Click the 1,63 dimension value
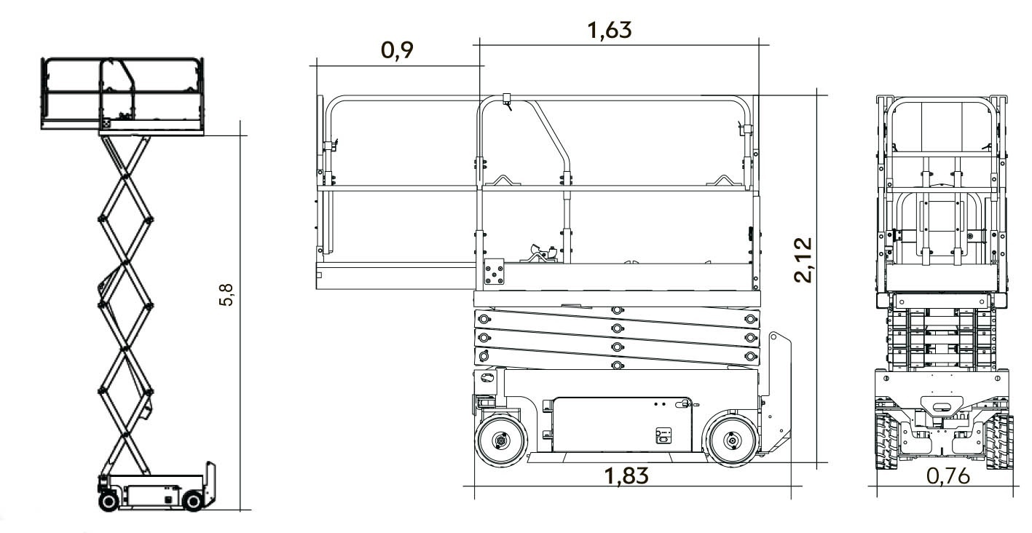tap(609, 31)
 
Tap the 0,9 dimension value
tap(397, 50)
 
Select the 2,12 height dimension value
tap(803, 260)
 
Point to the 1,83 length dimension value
tap(626, 476)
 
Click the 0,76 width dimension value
tap(948, 476)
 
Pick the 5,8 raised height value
tap(227, 295)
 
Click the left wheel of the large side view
tap(501, 441)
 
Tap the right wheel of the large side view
tap(732, 441)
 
